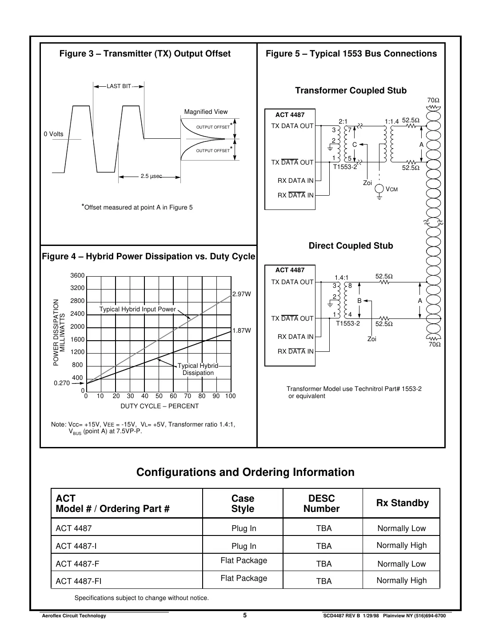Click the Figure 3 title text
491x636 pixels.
point(145,54)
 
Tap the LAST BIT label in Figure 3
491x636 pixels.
point(119,86)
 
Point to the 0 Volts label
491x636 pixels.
point(53,134)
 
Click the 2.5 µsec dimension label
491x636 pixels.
point(151,177)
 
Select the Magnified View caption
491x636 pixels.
point(206,112)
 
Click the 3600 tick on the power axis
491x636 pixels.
point(77,276)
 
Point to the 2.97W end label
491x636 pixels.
point(242,294)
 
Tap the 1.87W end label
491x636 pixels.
point(242,330)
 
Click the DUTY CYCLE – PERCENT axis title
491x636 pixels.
point(160,406)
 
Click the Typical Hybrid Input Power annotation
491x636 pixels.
point(137,309)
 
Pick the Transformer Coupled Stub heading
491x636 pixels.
point(351,91)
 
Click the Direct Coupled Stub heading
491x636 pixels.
point(351,246)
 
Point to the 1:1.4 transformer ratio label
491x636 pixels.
point(391,121)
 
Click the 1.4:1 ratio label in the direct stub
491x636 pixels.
point(342,278)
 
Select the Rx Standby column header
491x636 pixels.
point(402,503)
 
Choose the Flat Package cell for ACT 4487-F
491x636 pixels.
point(244,560)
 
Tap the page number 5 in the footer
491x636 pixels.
point(245,616)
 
